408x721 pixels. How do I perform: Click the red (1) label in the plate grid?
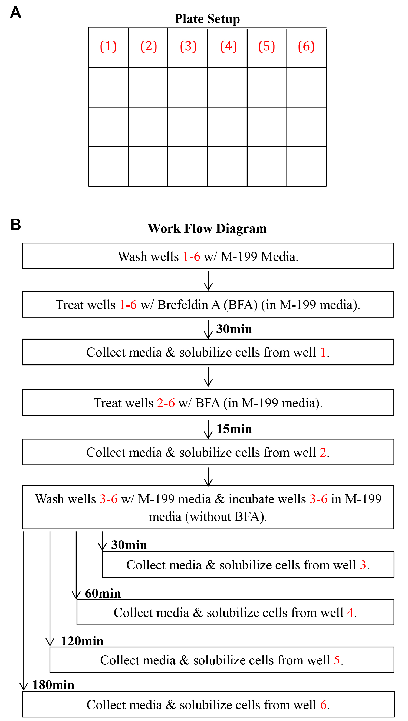[108, 46]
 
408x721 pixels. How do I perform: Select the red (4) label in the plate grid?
[228, 46]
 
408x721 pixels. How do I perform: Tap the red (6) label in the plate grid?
[306, 46]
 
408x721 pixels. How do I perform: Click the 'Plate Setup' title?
[207, 19]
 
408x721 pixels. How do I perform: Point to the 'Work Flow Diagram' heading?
[207, 228]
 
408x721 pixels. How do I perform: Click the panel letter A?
[16, 12]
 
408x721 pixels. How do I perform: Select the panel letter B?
[16, 225]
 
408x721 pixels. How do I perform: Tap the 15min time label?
[234, 429]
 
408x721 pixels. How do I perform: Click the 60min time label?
[103, 594]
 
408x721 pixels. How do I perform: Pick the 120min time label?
[82, 641]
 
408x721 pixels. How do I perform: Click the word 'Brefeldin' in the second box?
[182, 305]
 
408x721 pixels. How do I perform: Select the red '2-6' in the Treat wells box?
[166, 403]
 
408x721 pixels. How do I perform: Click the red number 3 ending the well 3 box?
[363, 565]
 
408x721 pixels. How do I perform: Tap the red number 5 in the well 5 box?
[337, 660]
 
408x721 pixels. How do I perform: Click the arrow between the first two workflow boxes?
[208, 281]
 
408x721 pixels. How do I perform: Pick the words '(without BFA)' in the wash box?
[226, 517]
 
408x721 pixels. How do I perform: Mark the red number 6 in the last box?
[323, 705]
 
